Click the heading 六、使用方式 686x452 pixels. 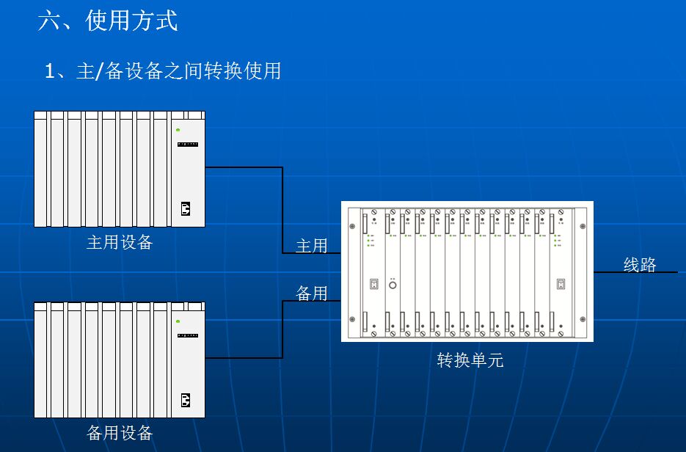point(108,20)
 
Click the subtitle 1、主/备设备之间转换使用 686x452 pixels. point(162,71)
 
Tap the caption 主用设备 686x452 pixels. point(120,242)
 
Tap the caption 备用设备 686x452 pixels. point(120,433)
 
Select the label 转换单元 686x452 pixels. point(470,360)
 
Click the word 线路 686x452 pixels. point(640,265)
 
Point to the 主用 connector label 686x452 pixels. point(311,246)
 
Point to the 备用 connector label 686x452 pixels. point(311,294)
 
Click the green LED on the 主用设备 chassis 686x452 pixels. point(178,130)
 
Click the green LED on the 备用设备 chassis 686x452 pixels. point(178,321)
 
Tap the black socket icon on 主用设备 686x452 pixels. point(186,209)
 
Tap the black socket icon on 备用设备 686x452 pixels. point(186,400)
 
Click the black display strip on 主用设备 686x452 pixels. point(188,145)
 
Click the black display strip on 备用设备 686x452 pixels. point(188,335)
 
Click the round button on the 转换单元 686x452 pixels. point(393,284)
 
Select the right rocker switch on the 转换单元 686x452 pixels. point(561,284)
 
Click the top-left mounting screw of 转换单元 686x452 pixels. point(353,225)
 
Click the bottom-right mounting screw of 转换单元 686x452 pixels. point(583,319)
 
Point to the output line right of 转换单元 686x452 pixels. point(635,272)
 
